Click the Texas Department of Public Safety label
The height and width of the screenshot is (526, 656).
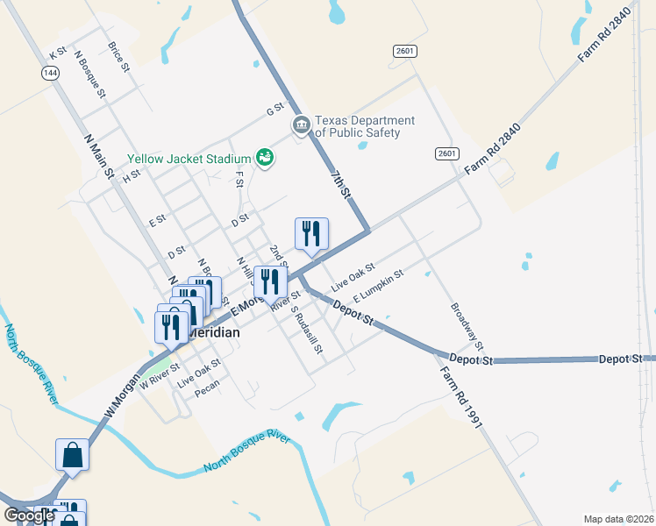[365, 127]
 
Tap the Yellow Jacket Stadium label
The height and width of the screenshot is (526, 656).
[189, 159]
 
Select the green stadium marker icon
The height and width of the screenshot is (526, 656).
[264, 158]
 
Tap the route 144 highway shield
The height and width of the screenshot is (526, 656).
[48, 73]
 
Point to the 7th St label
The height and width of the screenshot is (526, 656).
[341, 183]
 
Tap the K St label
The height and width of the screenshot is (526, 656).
[58, 54]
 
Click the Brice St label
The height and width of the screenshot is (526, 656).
[118, 56]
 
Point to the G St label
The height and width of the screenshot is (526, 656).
[275, 110]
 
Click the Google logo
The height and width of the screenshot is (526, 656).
[29, 515]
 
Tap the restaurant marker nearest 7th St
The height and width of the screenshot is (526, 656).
[311, 234]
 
